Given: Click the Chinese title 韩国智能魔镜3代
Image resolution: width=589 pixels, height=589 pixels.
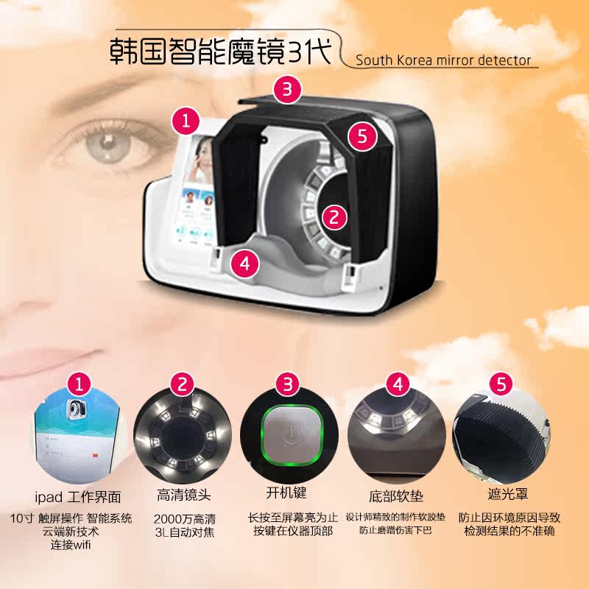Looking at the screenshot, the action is coord(220,52).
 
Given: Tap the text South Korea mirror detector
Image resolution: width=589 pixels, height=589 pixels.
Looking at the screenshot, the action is coord(443,60).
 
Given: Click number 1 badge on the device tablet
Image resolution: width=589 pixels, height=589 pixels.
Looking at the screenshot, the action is coord(186,121).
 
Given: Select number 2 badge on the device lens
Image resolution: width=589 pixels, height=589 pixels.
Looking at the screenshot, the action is coord(334,216).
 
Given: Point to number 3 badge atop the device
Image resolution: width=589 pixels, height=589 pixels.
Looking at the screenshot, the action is coord(287,89).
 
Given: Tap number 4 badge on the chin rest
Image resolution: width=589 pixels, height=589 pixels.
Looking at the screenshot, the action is coord(244,264).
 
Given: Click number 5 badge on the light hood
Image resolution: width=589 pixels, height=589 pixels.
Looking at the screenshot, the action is coord(362,136).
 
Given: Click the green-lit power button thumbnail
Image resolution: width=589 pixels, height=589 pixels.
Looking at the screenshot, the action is coord(289,436).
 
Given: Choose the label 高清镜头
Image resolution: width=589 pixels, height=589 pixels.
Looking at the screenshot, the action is coord(183,495).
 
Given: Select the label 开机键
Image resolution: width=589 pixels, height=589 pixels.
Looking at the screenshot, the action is coord(286,493).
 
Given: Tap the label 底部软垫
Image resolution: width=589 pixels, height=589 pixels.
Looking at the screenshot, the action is coord(396,496).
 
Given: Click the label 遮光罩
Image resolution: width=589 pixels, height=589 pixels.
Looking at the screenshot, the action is coord(508,494).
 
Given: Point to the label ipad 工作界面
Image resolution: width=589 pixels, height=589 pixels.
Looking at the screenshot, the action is coord(78,497).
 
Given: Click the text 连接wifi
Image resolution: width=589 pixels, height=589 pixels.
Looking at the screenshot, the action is coord(71,545).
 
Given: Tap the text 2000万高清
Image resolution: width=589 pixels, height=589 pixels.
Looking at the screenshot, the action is coord(185,519).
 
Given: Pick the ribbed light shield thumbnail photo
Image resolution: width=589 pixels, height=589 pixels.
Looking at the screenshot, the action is coord(501,436).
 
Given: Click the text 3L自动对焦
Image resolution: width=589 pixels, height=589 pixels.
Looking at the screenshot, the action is coord(185,532).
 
